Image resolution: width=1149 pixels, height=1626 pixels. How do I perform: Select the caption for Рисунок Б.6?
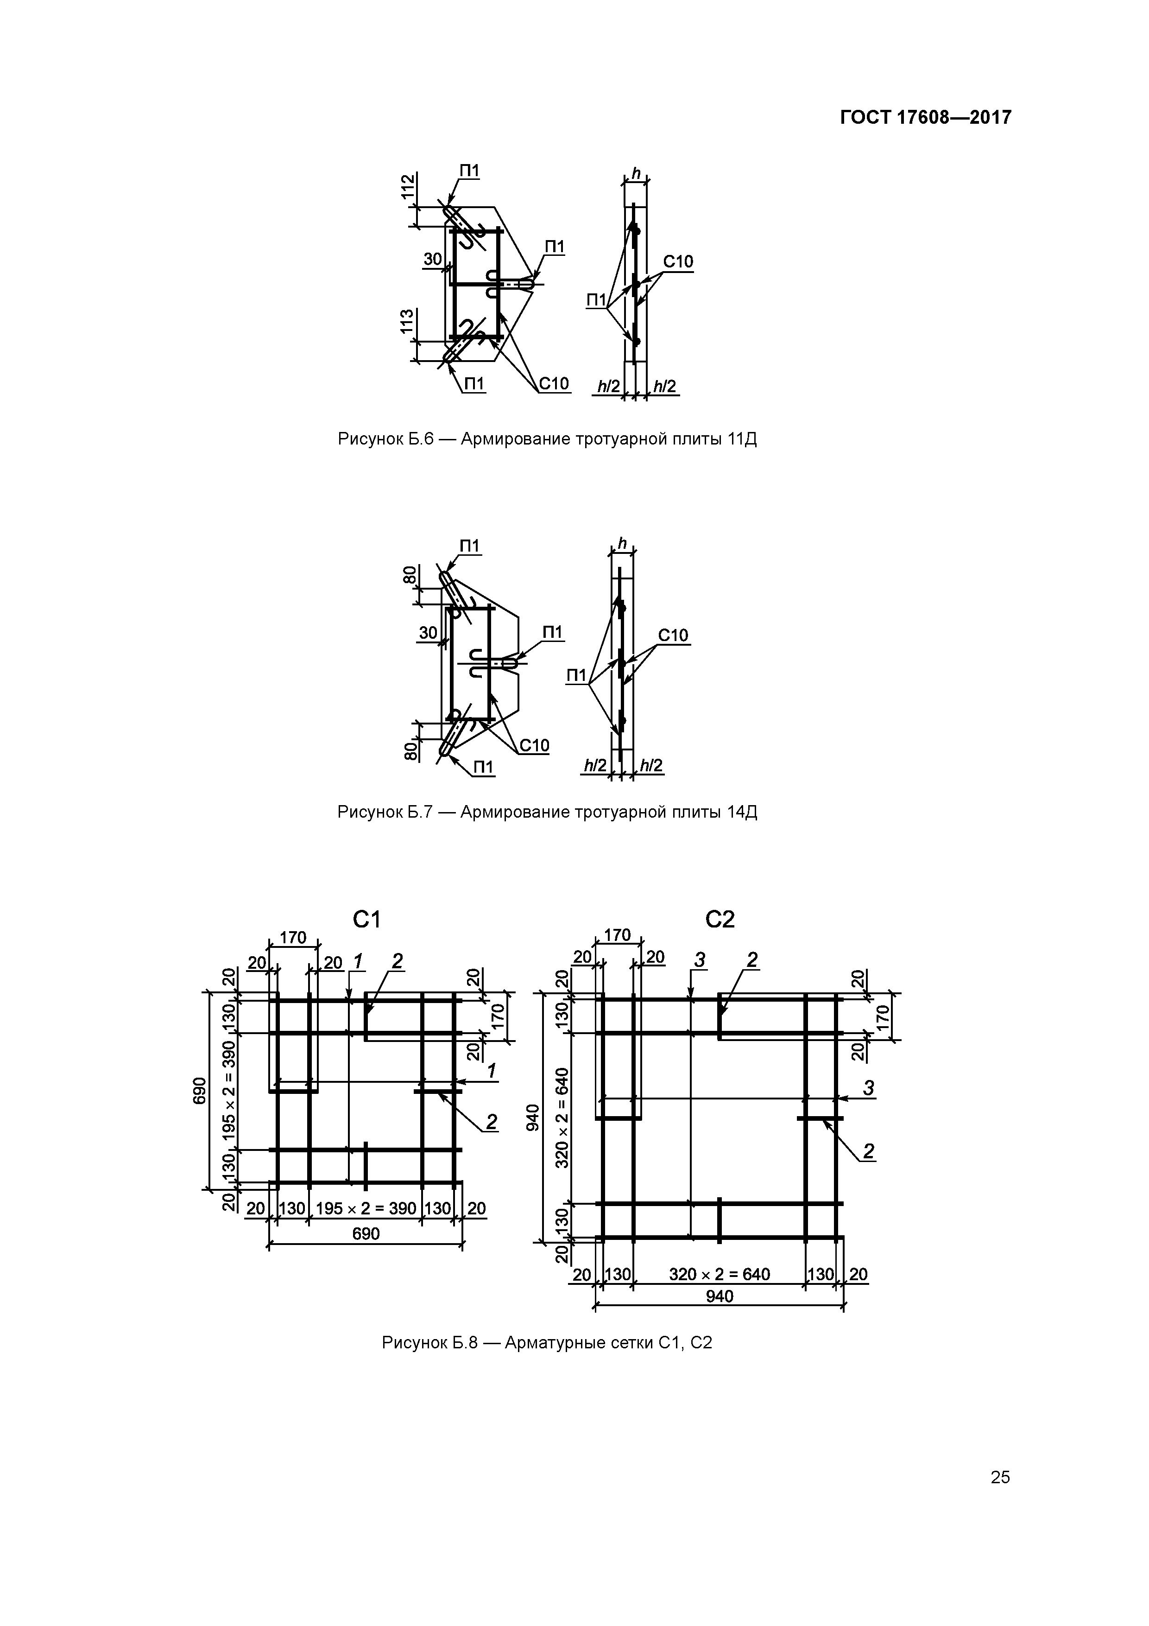click(x=547, y=439)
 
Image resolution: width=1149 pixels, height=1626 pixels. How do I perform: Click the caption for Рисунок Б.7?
click(x=547, y=812)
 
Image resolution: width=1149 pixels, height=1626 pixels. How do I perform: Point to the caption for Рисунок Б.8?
click(x=547, y=1343)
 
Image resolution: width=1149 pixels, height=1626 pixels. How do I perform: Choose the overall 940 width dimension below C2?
click(x=719, y=1296)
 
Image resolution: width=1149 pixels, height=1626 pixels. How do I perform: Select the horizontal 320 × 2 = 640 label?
click(x=719, y=1275)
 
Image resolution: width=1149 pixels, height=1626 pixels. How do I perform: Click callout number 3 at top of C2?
click(x=700, y=960)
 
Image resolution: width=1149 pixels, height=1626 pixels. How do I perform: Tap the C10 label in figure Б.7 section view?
click(x=673, y=635)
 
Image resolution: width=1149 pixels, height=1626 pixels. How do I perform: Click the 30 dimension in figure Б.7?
click(x=428, y=632)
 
